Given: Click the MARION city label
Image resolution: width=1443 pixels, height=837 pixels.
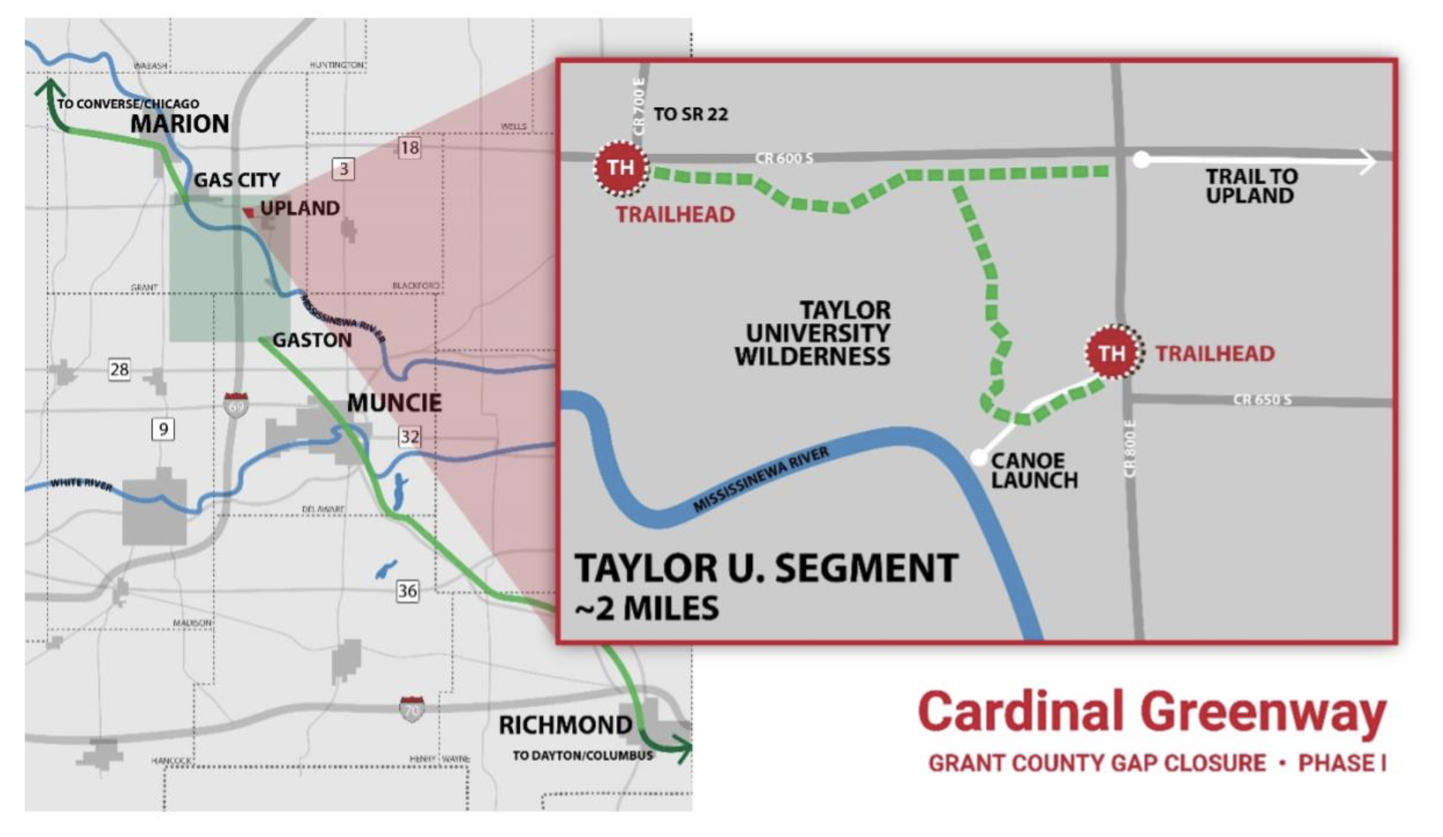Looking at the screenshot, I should pyautogui.click(x=180, y=124).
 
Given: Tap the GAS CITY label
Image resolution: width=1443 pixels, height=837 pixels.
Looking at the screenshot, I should pyautogui.click(x=236, y=180).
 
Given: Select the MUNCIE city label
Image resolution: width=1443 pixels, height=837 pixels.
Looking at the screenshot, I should pyautogui.click(x=394, y=403).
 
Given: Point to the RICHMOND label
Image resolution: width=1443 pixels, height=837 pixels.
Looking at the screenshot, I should pyautogui.click(x=565, y=725).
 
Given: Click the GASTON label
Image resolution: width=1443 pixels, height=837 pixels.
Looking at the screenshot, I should pyautogui.click(x=312, y=340).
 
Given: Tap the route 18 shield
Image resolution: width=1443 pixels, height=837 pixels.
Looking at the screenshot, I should pyautogui.click(x=409, y=148).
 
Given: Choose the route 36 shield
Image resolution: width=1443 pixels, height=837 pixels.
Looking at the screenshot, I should pyautogui.click(x=407, y=591).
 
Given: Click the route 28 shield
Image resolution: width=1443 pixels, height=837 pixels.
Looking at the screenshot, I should pyautogui.click(x=119, y=369).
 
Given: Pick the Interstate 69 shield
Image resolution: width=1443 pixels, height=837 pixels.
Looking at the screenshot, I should pyautogui.click(x=236, y=405).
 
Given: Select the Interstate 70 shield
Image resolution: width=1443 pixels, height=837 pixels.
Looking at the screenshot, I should pyautogui.click(x=412, y=709).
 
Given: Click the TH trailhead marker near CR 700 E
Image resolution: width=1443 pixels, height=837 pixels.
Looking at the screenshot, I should pyautogui.click(x=620, y=167).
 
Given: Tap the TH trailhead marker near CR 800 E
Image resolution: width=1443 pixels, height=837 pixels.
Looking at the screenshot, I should pyautogui.click(x=1113, y=353).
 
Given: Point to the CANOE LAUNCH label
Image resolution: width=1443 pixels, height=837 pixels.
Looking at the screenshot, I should pyautogui.click(x=1033, y=470).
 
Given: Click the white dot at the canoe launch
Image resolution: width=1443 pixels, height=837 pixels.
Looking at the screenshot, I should pyautogui.click(x=979, y=456).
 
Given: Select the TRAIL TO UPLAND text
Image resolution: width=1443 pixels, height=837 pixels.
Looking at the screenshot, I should pyautogui.click(x=1250, y=186).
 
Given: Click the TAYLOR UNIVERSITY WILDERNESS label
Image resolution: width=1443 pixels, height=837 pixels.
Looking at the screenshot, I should pyautogui.click(x=813, y=333).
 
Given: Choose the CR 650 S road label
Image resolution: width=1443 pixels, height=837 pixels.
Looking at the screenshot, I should pyautogui.click(x=1262, y=400).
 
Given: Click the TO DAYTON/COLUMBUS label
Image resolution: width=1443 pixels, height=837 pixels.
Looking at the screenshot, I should pyautogui.click(x=582, y=756).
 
